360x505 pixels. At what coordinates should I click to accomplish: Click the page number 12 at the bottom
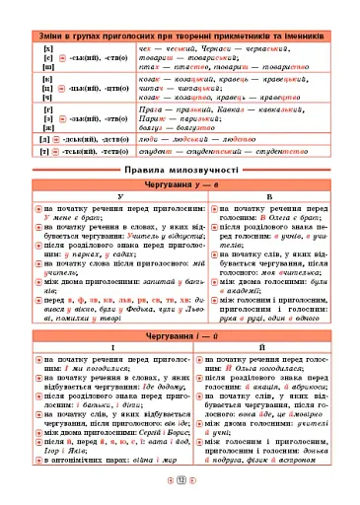(x=180, y=493)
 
